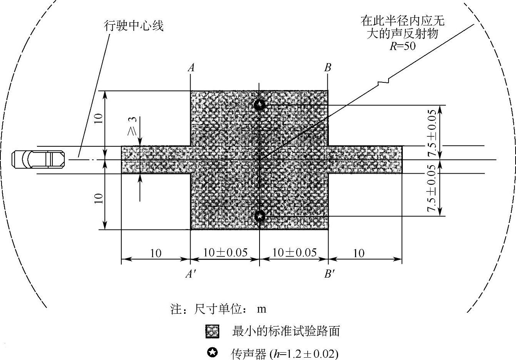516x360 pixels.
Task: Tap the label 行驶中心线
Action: (134, 26)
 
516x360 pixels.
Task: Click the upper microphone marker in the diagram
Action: (260, 105)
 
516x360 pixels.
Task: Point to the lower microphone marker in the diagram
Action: (260, 216)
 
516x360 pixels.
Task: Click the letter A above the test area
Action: (191, 68)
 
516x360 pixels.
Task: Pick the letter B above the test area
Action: (328, 68)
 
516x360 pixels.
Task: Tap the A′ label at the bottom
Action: (189, 274)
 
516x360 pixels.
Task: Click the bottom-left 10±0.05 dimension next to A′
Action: (225, 253)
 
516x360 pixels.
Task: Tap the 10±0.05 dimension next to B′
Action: (295, 253)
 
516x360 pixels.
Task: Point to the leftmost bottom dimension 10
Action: (156, 253)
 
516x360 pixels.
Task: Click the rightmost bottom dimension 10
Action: (359, 253)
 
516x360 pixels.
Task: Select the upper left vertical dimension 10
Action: (99, 119)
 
